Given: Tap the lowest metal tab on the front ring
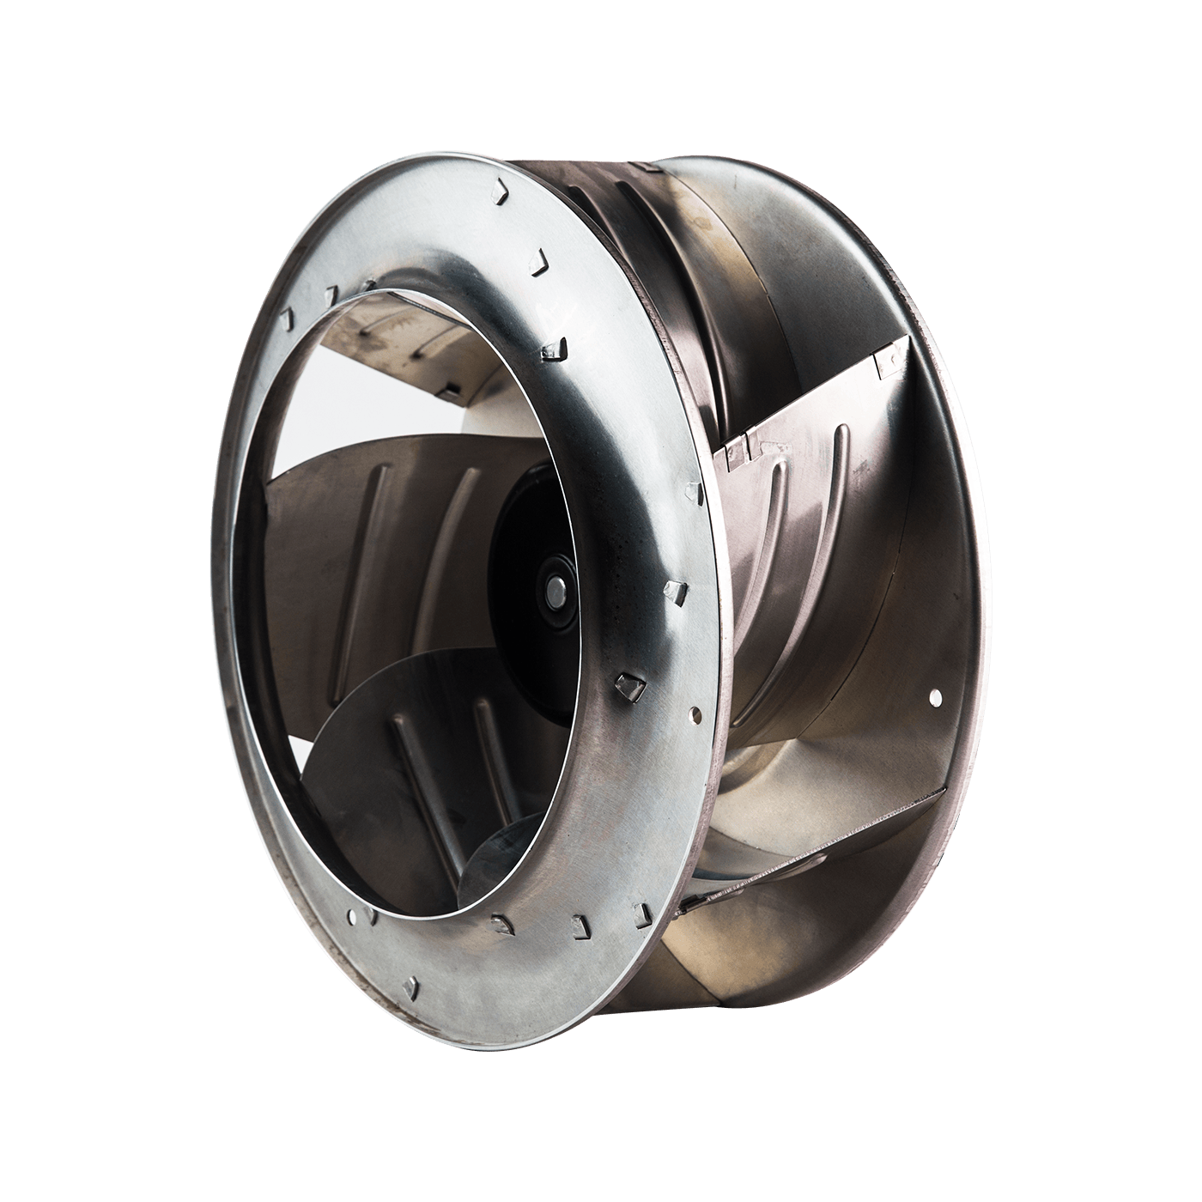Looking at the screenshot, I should [413, 985].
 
